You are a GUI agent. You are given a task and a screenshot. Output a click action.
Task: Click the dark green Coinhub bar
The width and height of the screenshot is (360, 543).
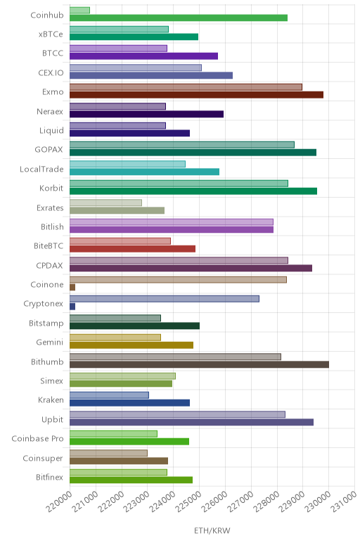[x=179, y=18]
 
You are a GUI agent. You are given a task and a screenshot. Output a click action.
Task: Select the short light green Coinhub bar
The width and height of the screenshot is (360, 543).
[x=79, y=11]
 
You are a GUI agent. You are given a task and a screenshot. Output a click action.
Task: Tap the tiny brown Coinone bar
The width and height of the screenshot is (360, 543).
[x=72, y=287]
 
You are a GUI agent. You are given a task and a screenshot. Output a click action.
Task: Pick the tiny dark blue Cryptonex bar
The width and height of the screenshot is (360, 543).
[x=72, y=307]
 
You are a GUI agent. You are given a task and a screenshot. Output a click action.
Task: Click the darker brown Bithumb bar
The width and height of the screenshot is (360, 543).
[x=199, y=364]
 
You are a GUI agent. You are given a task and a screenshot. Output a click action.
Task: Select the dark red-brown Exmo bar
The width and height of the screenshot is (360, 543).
[x=196, y=95]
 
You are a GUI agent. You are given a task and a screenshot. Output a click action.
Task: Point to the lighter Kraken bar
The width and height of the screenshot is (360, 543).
[x=109, y=395]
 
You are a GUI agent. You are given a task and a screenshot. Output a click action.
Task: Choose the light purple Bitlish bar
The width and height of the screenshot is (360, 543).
[x=172, y=222]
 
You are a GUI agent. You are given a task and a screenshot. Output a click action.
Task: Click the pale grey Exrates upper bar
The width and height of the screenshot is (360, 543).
[x=105, y=203]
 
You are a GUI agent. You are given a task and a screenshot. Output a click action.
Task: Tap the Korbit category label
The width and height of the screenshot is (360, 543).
[x=51, y=188]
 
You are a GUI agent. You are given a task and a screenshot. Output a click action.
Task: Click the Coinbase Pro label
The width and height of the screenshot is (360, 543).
[x=38, y=438]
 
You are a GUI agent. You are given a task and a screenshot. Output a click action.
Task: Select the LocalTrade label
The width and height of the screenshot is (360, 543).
[x=41, y=169]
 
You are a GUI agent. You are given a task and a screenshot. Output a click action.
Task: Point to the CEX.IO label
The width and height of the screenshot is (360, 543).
[x=51, y=72]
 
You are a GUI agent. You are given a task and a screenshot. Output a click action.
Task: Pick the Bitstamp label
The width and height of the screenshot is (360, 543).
[x=46, y=323]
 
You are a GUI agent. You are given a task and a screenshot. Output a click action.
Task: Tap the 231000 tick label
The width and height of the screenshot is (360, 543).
[x=344, y=502]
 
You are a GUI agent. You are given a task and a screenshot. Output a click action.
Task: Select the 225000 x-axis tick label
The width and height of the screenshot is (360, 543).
[x=188, y=502]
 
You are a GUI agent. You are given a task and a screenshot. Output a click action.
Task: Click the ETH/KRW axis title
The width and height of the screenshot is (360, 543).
[x=212, y=530]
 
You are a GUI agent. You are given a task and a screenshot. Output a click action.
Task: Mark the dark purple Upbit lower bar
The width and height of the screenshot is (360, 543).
[x=191, y=422]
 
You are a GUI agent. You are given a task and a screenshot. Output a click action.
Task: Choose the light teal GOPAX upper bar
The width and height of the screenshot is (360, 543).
[x=182, y=145]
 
